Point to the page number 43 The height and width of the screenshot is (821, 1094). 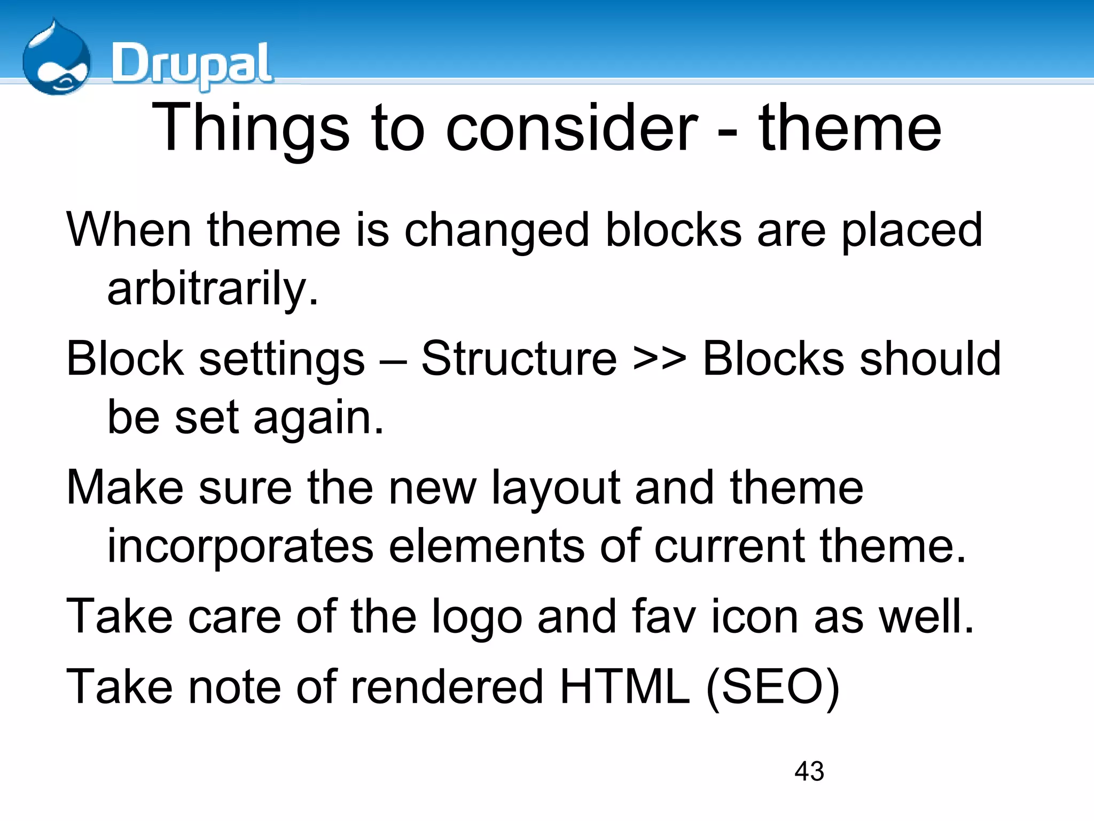pyautogui.click(x=809, y=771)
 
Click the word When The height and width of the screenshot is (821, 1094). pyautogui.click(x=129, y=230)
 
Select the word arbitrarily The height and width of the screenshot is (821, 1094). pyautogui.click(x=212, y=289)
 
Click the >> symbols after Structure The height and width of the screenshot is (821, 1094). pyautogui.click(x=659, y=359)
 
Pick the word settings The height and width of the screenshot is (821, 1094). pyautogui.click(x=282, y=359)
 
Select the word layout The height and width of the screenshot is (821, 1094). pyautogui.click(x=556, y=487)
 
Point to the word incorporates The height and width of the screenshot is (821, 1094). pyautogui.click(x=240, y=546)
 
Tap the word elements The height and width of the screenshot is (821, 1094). pyautogui.click(x=486, y=546)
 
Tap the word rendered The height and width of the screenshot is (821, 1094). pyautogui.click(x=447, y=687)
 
